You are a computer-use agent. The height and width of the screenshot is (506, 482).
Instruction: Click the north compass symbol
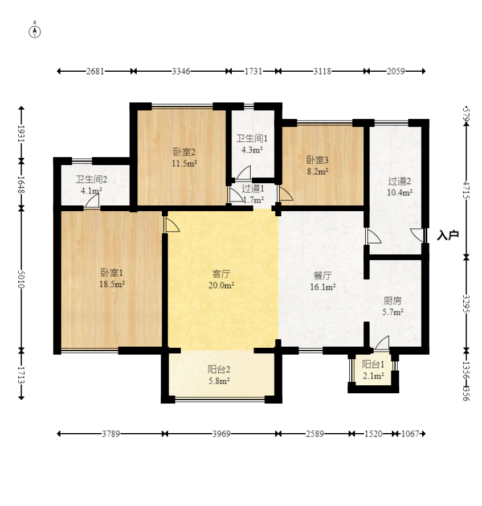[x=35, y=32]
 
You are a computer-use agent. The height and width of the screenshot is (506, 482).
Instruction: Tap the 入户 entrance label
[x=448, y=235]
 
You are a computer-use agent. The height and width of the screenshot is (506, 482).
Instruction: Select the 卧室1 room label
[x=112, y=273]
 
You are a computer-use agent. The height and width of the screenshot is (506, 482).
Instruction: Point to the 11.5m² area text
[x=184, y=163]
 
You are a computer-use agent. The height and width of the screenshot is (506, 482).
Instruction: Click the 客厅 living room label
[x=221, y=274]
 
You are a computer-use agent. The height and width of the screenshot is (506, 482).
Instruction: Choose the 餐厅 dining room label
[x=322, y=275]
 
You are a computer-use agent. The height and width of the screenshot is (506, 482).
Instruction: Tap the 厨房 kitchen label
[x=393, y=301]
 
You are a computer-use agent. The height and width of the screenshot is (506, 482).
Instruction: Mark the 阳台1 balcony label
[x=373, y=364]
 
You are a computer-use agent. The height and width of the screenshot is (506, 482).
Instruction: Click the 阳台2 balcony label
[x=219, y=369]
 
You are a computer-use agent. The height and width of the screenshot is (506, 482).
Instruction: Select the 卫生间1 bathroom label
[x=252, y=138]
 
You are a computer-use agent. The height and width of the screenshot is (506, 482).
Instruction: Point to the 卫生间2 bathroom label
[x=91, y=179]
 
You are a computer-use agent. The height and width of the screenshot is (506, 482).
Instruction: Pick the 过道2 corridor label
[x=399, y=181]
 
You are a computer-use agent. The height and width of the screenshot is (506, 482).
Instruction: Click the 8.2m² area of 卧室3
[x=317, y=172]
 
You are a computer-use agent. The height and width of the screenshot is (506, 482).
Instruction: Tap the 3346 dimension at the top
[x=181, y=71]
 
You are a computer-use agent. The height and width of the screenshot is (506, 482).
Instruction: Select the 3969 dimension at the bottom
[x=221, y=434]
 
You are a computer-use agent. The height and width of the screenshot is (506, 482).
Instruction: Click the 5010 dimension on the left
[x=21, y=279]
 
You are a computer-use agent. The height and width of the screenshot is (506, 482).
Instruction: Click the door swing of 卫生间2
[x=92, y=201]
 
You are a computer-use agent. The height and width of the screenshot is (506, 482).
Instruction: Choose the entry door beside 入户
[x=418, y=235]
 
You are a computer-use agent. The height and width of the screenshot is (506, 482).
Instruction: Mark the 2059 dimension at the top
[x=396, y=71]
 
